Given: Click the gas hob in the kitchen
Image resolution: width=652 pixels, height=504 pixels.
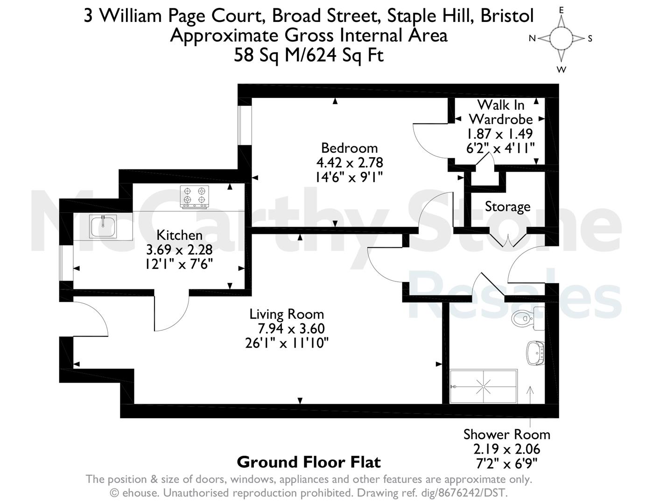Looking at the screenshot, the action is [x=195, y=197].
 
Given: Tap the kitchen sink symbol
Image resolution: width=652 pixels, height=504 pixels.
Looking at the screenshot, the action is [x=103, y=226].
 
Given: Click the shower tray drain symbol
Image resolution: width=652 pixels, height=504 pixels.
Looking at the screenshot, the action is [x=483, y=387].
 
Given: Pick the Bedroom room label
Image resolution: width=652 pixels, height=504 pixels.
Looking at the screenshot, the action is [x=349, y=148].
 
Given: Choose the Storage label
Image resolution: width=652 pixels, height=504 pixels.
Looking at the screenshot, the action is [x=507, y=207].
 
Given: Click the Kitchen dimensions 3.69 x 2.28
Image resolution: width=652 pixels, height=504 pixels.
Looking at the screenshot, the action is [x=179, y=250].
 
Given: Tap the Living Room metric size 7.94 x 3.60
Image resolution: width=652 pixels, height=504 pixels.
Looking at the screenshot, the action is [x=291, y=329].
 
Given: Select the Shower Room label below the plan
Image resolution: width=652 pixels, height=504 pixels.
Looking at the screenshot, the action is [x=507, y=435].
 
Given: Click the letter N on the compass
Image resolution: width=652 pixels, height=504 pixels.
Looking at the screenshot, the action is [x=532, y=38].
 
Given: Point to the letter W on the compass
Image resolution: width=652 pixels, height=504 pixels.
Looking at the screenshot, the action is [x=561, y=70].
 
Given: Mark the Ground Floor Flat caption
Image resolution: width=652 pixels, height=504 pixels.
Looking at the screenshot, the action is [x=309, y=462].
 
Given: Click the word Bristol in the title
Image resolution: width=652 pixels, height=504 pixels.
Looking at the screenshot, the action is [x=507, y=15].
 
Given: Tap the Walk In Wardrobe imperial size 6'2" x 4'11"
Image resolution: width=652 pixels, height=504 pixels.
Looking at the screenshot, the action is [x=500, y=148].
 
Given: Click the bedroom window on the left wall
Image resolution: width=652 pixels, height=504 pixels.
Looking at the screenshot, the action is [x=245, y=126].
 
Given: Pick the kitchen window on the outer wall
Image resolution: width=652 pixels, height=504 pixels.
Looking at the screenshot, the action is [x=66, y=263].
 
